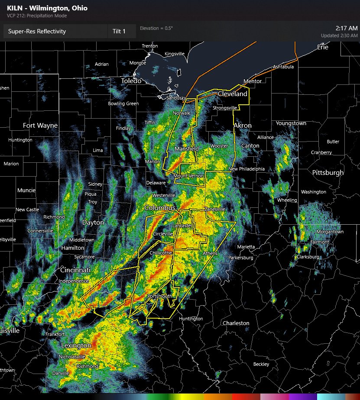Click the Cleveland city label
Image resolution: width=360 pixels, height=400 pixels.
pyautogui.click(x=232, y=94)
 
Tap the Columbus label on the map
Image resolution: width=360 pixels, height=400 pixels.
pyautogui.click(x=159, y=208)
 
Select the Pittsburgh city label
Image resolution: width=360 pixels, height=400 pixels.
pyautogui.click(x=328, y=173)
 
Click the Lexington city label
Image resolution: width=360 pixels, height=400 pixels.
pyautogui.click(x=76, y=345)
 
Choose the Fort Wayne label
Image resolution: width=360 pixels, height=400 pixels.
pyautogui.click(x=40, y=126)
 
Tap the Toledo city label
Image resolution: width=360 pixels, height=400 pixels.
pyautogui.click(x=131, y=81)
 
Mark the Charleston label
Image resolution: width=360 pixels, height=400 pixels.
pyautogui.click(x=236, y=323)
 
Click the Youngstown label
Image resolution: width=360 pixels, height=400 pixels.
pyautogui.click(x=291, y=123)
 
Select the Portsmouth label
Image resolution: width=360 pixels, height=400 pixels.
pyautogui.click(x=160, y=296)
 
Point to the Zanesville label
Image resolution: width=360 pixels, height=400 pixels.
pyautogui.click(x=215, y=209)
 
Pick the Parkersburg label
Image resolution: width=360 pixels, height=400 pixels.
pyautogui.click(x=241, y=258)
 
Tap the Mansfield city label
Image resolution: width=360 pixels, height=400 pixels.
pyautogui.click(x=187, y=149)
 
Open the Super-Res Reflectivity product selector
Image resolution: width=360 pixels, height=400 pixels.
pyautogui.click(x=55, y=31)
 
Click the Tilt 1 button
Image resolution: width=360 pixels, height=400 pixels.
pyautogui.click(x=119, y=31)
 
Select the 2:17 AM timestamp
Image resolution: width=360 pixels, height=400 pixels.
pyautogui.click(x=347, y=28)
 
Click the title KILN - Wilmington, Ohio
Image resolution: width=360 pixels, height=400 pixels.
pyautogui.click(x=47, y=8)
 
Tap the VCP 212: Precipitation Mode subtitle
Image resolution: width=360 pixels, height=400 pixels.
pyautogui.click(x=37, y=16)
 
